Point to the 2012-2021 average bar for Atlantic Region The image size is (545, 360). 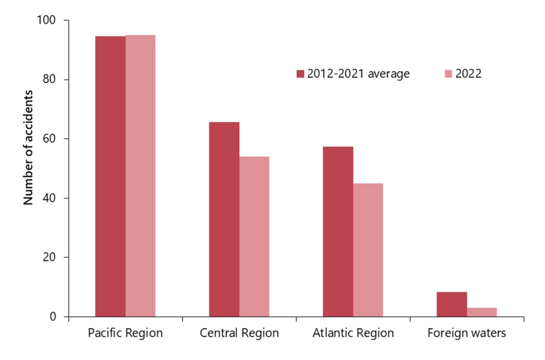(338, 231)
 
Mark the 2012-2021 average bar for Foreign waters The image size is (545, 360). (452, 304)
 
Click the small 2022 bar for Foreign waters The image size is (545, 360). (482, 312)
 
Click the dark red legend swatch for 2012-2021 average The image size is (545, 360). (300, 74)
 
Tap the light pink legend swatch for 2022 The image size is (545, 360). (449, 74)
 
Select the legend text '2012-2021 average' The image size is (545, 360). (358, 74)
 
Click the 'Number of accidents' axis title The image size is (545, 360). (28, 146)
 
